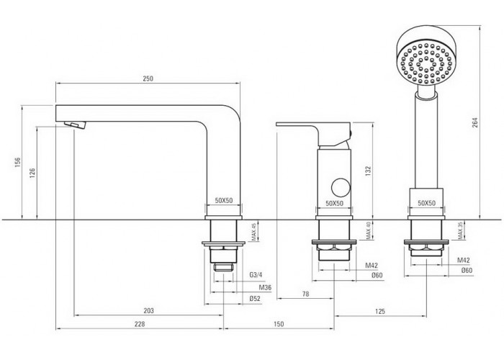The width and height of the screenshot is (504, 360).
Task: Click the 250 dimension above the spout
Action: pyautogui.click(x=148, y=78)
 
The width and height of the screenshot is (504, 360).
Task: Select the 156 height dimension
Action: pyautogui.click(x=18, y=162)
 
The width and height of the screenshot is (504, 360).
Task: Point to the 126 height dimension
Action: pyautogui.click(x=32, y=173)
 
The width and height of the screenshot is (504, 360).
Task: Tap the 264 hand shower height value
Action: pyautogui.click(x=475, y=122)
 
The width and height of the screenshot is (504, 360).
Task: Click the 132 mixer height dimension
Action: pyautogui.click(x=368, y=171)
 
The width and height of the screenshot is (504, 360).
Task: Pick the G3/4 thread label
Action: pyautogui.click(x=256, y=275)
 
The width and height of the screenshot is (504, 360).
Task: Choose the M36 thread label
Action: pyautogui.click(x=265, y=288)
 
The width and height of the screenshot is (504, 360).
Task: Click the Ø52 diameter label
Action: pyautogui.click(x=255, y=299)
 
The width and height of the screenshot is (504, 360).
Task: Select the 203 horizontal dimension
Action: pyautogui.click(x=148, y=311)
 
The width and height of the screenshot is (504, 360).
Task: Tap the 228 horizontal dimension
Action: pyautogui.click(x=140, y=324)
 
